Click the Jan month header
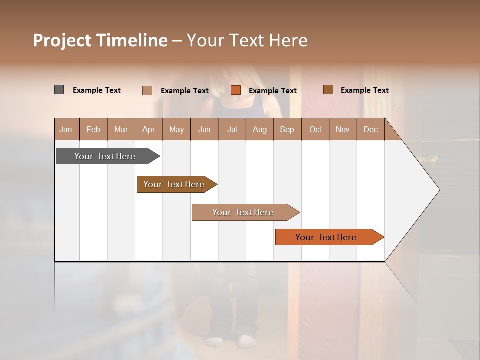tap(66, 130)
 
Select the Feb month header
tap(93, 130)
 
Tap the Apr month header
tap(148, 130)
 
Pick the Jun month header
tap(204, 130)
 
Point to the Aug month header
tap(259, 130)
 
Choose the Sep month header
tap(287, 130)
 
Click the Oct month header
tap(315, 130)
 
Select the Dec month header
tap(370, 130)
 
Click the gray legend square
tap(59, 90)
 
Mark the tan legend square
tap(147, 90)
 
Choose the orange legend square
tap(236, 90)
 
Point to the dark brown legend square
tap(328, 90)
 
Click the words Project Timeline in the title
tap(100, 40)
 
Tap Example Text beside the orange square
tap(272, 91)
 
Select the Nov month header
tap(342, 130)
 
